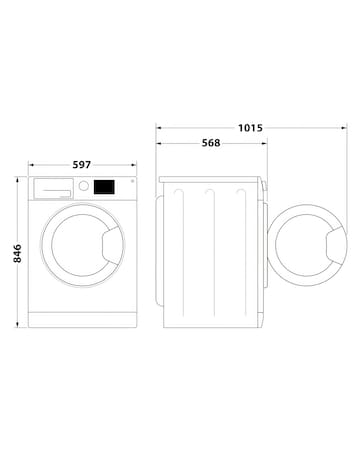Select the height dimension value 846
point(15,254)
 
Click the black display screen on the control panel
point(103,186)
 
